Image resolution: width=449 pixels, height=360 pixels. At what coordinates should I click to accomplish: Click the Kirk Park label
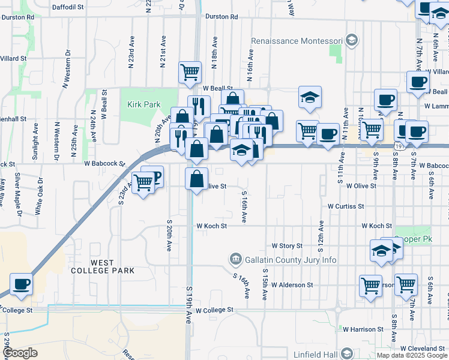coord(143,104)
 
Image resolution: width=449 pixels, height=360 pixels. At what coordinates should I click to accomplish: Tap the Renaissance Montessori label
coord(297,41)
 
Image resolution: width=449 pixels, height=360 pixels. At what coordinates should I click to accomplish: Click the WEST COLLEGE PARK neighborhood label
coord(112,266)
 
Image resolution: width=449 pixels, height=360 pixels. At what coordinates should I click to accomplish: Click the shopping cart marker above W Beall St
coord(190,72)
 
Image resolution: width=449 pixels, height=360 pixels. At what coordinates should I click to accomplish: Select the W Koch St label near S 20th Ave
coord(211,226)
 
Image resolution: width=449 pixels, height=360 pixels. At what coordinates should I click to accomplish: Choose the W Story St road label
coord(286,245)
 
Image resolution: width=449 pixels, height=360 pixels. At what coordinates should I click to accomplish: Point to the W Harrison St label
coord(363,329)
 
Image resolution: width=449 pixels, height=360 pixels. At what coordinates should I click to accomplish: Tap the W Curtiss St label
coord(346,206)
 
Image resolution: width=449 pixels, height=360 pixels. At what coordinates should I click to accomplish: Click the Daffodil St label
coord(68,7)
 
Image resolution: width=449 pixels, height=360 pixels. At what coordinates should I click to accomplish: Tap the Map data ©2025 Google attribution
coord(412,356)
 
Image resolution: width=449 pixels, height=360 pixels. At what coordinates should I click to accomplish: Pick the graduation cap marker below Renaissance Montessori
coord(310,97)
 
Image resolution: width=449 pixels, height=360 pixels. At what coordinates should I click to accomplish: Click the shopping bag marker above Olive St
coord(197,178)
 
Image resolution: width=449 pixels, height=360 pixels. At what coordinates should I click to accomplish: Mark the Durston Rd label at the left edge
coord(17,17)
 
